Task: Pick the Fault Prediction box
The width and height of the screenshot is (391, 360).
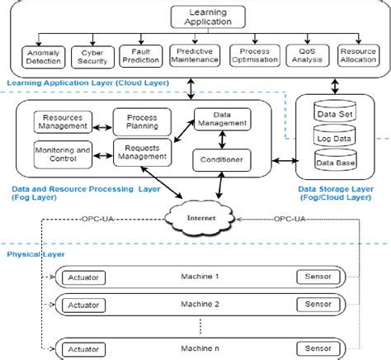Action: (139, 56)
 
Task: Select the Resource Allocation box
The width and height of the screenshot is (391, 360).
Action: (357, 56)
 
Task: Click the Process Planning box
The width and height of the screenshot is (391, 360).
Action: (141, 123)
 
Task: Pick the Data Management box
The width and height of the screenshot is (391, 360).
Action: (220, 119)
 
